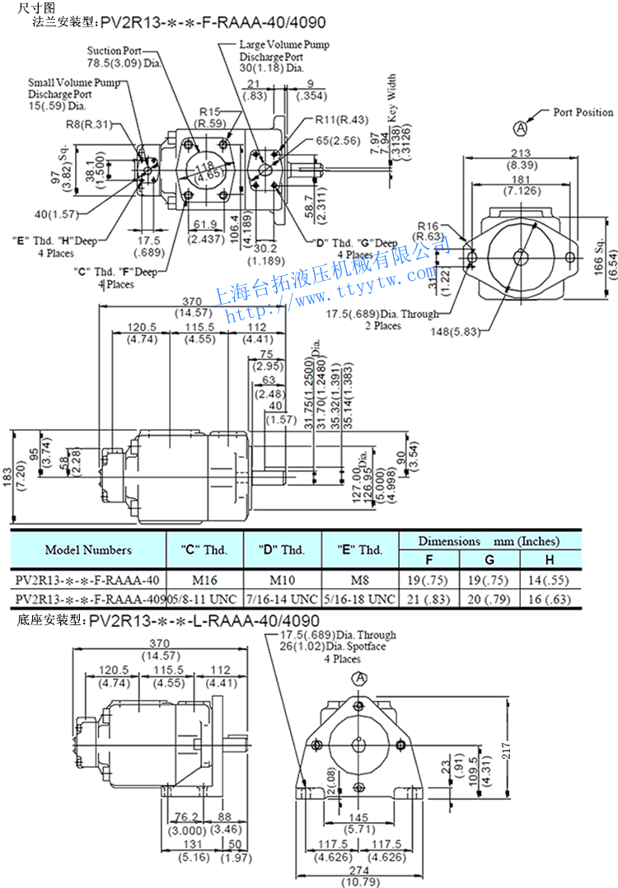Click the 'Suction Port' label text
pyautogui.click(x=115, y=51)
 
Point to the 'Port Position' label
pyautogui.click(x=583, y=112)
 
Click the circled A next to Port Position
pyautogui.click(x=521, y=128)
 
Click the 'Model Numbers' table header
pyautogui.click(x=88, y=549)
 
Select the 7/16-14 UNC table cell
pyautogui.click(x=283, y=597)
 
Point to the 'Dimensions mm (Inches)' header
pyautogui.click(x=489, y=541)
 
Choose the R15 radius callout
pyautogui.click(x=210, y=111)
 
